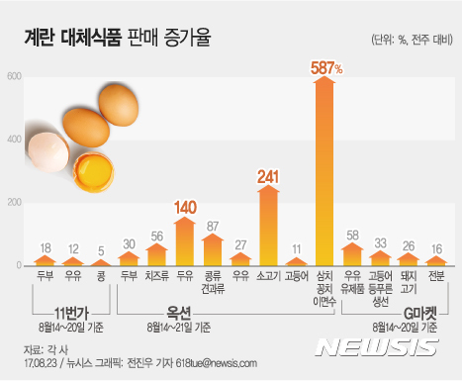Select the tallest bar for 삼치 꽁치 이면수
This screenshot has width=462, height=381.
click(x=323, y=173)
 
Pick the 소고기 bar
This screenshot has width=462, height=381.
click(x=268, y=228)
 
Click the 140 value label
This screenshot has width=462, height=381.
click(x=185, y=208)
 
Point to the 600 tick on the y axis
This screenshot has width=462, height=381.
click(x=13, y=77)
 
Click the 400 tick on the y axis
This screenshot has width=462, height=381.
click(x=13, y=140)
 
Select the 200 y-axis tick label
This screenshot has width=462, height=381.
click(x=13, y=203)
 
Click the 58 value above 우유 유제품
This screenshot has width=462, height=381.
click(x=352, y=237)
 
